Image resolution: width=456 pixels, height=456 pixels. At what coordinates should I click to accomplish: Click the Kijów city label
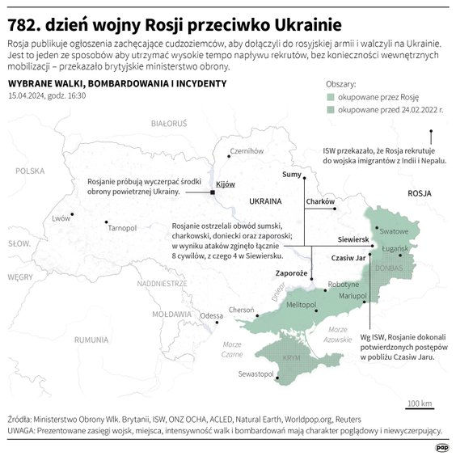click(226, 184)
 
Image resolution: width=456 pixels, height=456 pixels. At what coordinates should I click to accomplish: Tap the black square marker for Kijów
click(212, 192)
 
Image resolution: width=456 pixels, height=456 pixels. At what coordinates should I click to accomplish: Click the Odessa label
click(211, 315)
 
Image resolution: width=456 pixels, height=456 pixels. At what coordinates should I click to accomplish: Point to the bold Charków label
click(320, 201)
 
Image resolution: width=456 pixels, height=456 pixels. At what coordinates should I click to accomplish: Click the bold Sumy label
click(291, 175)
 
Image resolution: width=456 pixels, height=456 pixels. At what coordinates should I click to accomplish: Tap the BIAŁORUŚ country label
click(169, 124)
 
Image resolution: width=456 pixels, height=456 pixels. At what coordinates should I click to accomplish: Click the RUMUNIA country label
click(91, 340)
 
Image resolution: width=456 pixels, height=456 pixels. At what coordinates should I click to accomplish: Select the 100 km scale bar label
click(419, 403)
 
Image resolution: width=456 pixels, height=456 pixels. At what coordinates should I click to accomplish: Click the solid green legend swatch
click(331, 95)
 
